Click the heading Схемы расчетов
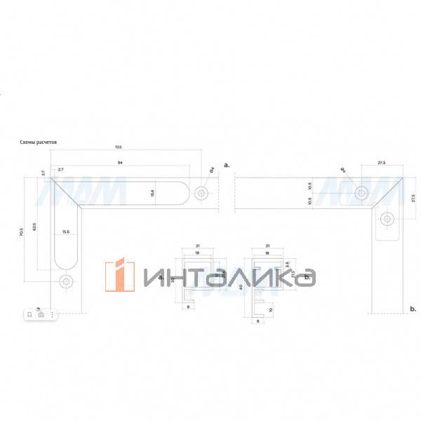39,141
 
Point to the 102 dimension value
118,147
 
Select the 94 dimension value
120,162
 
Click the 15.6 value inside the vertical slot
66,232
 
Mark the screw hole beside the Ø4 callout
202,192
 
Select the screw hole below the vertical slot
67,282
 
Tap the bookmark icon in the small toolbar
30,315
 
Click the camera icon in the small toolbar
41,315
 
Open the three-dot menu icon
52,315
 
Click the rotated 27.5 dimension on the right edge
413,199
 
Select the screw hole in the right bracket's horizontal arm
362,192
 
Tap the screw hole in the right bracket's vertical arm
385,220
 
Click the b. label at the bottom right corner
413,309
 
